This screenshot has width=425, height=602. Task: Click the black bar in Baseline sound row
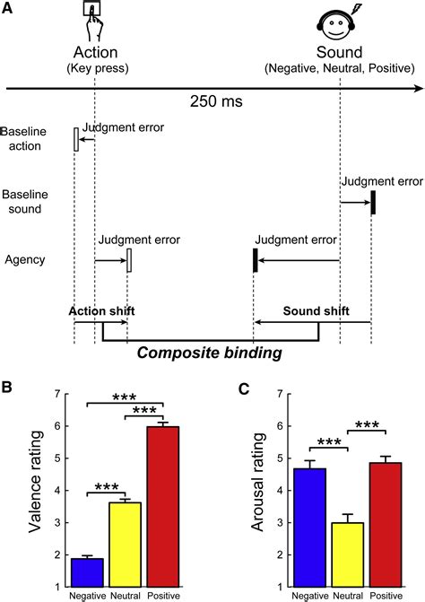(x=373, y=202)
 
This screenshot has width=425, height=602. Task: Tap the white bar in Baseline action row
(x=76, y=139)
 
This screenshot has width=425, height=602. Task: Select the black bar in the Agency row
(x=255, y=260)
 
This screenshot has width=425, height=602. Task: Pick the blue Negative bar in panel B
(x=87, y=556)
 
